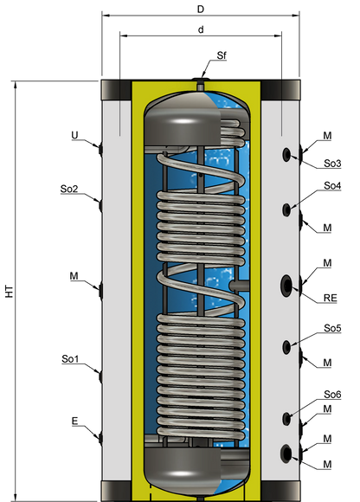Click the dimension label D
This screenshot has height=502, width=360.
tap(201, 9)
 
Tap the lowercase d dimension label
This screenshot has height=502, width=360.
tap(201, 29)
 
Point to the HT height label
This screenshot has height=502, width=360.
tap(10, 291)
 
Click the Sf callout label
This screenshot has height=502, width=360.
tap(222, 55)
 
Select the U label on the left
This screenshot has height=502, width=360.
tap(74, 135)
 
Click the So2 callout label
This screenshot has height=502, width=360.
tap(69, 189)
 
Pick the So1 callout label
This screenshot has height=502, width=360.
tap(70, 359)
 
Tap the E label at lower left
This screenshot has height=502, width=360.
tap(74, 421)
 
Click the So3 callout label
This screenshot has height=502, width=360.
tap(332, 164)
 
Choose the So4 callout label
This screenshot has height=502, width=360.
tap(332, 186)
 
